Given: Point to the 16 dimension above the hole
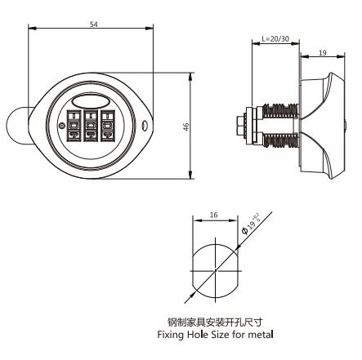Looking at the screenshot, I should [x=212, y=214].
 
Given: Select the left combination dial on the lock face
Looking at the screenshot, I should [x=70, y=128].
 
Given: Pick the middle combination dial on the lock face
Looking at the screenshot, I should [x=90, y=128].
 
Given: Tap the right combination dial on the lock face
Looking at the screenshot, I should [x=109, y=128].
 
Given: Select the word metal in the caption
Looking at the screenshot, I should [x=251, y=332].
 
